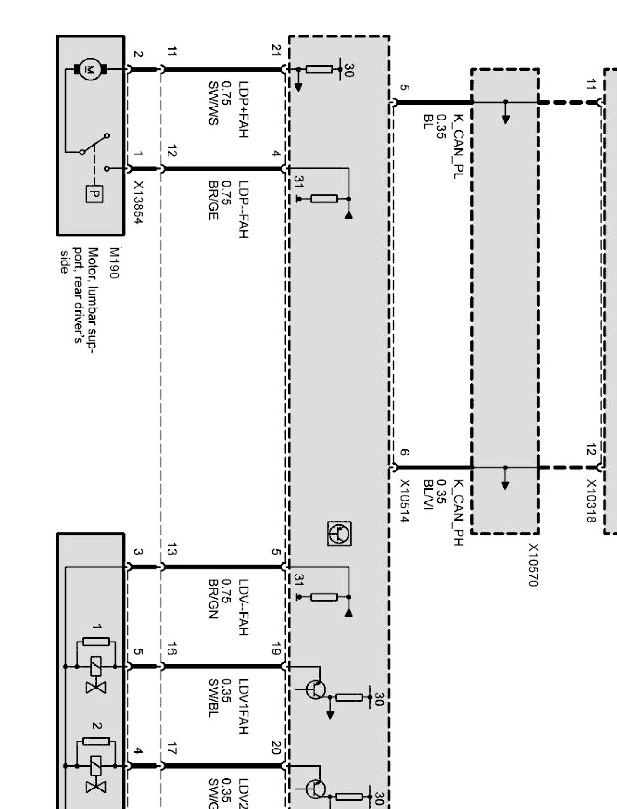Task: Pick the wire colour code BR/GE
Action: coord(213,200)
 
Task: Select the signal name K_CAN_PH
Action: coord(458,513)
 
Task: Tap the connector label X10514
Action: coord(404,501)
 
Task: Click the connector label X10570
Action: coord(533,565)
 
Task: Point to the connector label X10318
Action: coord(591,501)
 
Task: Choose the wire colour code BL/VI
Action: coord(428,495)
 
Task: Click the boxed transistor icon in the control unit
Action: coord(340,534)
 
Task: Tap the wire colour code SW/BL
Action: coord(213,698)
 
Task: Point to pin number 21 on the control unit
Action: coord(276,50)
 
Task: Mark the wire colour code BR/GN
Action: coord(213,599)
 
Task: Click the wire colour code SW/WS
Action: coord(213,103)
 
